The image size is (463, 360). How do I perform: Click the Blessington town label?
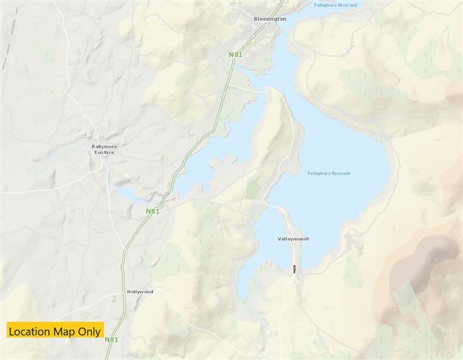click(270, 19)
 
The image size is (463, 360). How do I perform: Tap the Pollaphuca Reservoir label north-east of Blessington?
click(335, 5)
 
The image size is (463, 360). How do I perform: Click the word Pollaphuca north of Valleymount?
click(317, 173)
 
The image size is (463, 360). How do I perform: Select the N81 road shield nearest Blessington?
click(235, 55)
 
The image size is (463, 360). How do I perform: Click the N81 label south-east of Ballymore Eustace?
click(152, 211)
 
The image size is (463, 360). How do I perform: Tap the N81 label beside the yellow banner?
click(112, 339)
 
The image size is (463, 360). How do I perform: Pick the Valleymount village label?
click(293, 239)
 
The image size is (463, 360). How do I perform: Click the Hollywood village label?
click(140, 292)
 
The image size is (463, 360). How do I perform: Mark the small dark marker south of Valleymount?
click(294, 269)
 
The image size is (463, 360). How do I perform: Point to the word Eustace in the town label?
click(104, 152)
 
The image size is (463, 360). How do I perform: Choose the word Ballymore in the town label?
click(104, 147)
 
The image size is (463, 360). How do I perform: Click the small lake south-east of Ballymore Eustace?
click(130, 194)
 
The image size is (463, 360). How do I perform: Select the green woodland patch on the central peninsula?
click(253, 188)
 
